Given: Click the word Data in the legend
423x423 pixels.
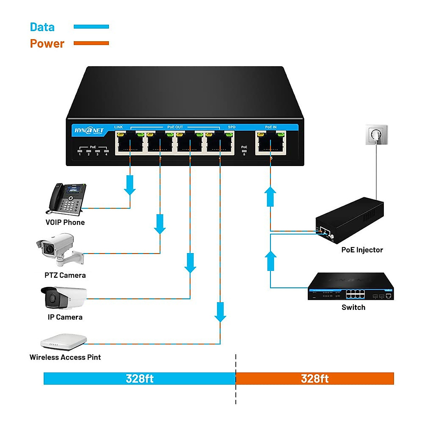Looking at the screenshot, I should coord(42,27).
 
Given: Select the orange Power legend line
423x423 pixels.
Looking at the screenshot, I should coord(91,43).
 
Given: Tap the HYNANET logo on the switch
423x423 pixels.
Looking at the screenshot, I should coord(89,130).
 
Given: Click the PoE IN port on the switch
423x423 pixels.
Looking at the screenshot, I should coord(270,143).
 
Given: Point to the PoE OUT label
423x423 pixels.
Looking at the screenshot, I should coord(175,127).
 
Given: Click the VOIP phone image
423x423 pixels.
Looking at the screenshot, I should coord(66,199).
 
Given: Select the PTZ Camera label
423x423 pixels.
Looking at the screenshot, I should coord(65,275).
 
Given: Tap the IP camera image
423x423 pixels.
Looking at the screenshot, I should coord(63,298).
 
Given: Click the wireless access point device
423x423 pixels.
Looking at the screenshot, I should coord(64,342).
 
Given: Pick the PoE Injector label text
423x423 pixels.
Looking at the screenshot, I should coord(362,250).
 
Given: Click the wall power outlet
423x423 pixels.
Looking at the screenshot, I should coord(376,135).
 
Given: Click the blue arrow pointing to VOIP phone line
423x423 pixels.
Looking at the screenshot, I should coord(130,185).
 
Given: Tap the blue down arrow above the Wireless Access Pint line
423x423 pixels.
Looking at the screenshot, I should coord(220,312).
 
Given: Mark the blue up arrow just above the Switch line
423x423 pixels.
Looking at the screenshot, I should coord(270,261).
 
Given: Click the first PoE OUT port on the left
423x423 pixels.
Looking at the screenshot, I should coord(130,143).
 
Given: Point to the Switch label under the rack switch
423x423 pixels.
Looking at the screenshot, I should coord(353,307).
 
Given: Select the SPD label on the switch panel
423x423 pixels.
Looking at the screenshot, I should coord(232,127).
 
